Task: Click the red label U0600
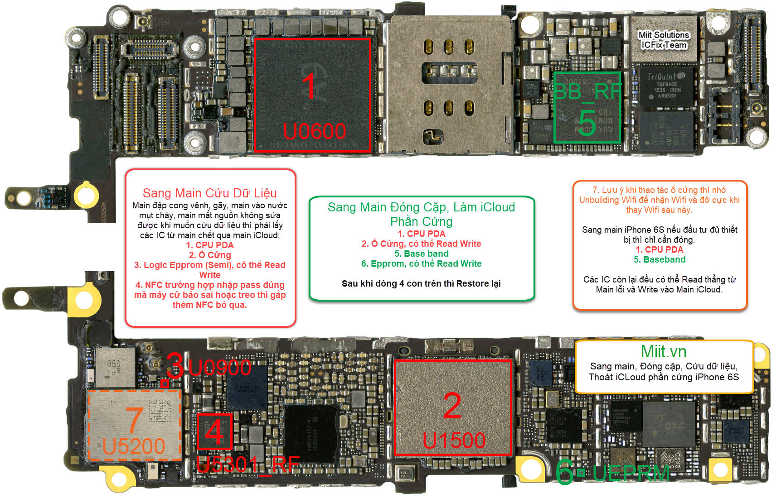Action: tap(314, 132)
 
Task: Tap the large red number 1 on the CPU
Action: tap(309, 86)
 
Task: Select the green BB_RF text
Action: tap(587, 92)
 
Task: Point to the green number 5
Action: tap(587, 123)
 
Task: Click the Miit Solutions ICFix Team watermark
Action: tap(664, 40)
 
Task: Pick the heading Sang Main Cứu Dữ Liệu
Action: tap(209, 193)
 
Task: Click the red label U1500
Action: tap(454, 441)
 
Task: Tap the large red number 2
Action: tap(452, 406)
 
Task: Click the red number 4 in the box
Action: tap(214, 431)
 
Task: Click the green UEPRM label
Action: tap(630, 474)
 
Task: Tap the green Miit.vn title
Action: tap(663, 352)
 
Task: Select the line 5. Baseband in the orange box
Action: tap(660, 260)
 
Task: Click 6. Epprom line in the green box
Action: tap(421, 264)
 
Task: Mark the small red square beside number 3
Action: tap(165, 383)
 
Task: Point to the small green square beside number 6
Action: tap(581, 473)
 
